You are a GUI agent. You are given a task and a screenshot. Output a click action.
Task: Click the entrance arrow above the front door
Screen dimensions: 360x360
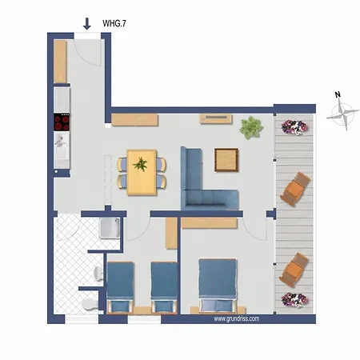pos(86,24)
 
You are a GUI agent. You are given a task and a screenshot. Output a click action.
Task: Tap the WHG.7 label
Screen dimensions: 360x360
pos(114,25)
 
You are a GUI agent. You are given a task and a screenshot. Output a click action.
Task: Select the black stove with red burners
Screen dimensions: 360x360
pos(62,122)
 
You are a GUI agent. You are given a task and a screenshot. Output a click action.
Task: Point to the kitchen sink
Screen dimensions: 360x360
pos(60,140)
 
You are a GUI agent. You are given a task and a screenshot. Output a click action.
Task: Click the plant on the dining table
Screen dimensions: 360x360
pos(142,165)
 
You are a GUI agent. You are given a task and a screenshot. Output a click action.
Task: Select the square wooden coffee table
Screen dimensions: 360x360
pos(227,158)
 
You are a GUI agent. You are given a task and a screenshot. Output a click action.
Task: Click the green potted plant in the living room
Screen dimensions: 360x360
pos(251,126)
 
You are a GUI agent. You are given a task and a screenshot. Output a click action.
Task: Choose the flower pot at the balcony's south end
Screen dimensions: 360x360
pos(293,301)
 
